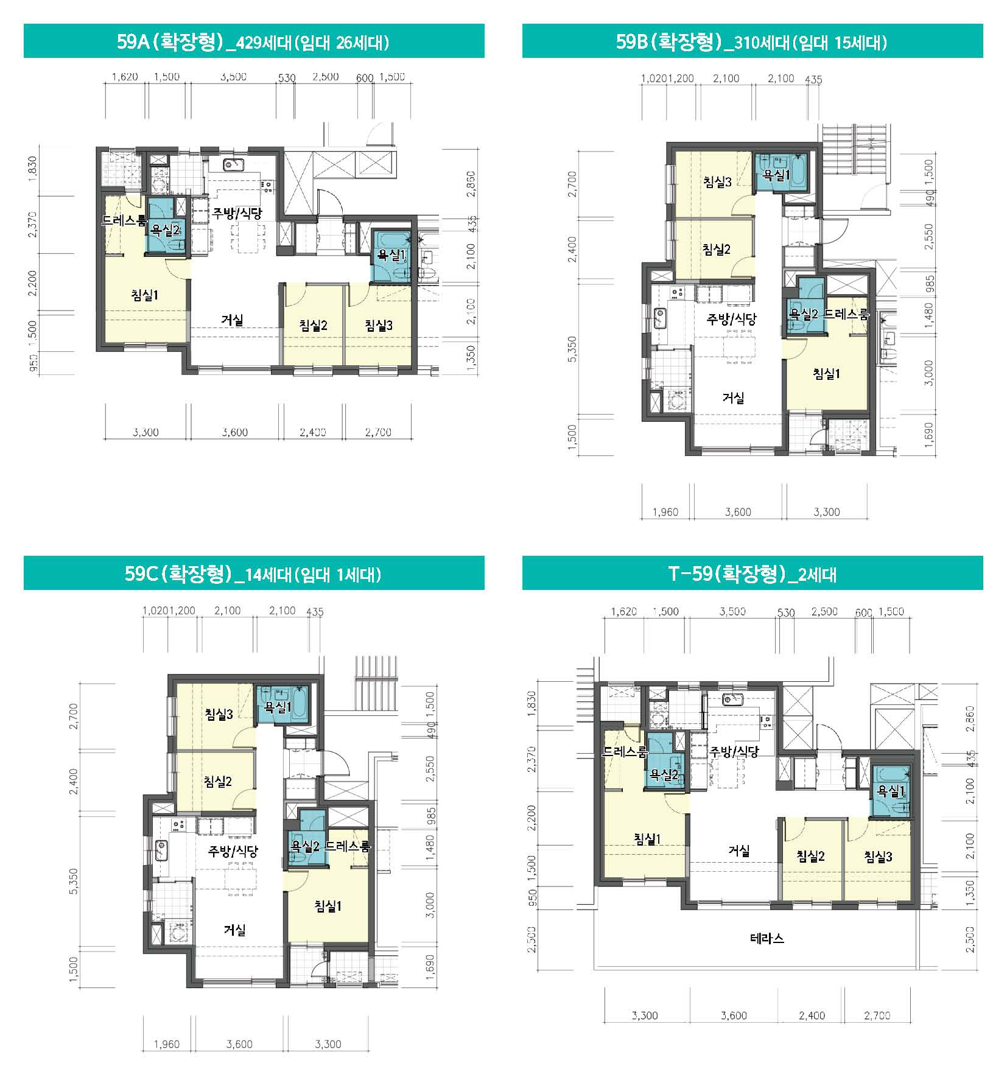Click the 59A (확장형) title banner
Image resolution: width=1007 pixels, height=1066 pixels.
(x=254, y=41)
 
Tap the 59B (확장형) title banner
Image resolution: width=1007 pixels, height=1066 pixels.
(x=753, y=41)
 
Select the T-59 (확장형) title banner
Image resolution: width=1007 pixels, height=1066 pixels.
(x=753, y=573)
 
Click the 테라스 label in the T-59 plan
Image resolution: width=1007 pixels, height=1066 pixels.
(x=767, y=938)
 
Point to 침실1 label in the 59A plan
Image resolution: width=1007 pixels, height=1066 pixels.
(x=145, y=295)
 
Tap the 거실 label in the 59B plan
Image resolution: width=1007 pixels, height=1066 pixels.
(x=733, y=398)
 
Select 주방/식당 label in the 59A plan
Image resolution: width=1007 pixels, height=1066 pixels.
(x=237, y=213)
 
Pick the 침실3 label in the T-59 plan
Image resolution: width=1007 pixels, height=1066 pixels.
(x=879, y=857)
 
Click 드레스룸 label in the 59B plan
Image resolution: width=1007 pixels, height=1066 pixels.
(x=846, y=315)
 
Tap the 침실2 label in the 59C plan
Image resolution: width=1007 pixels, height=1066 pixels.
(x=218, y=780)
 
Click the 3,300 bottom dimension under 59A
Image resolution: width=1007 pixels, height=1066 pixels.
(x=146, y=432)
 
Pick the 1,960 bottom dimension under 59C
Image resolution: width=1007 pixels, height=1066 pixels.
(x=167, y=1044)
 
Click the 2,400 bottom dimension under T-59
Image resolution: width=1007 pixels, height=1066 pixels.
(x=812, y=1015)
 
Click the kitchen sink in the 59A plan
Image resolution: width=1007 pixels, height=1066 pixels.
(x=234, y=164)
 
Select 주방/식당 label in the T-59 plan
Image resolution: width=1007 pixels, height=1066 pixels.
(x=734, y=752)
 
